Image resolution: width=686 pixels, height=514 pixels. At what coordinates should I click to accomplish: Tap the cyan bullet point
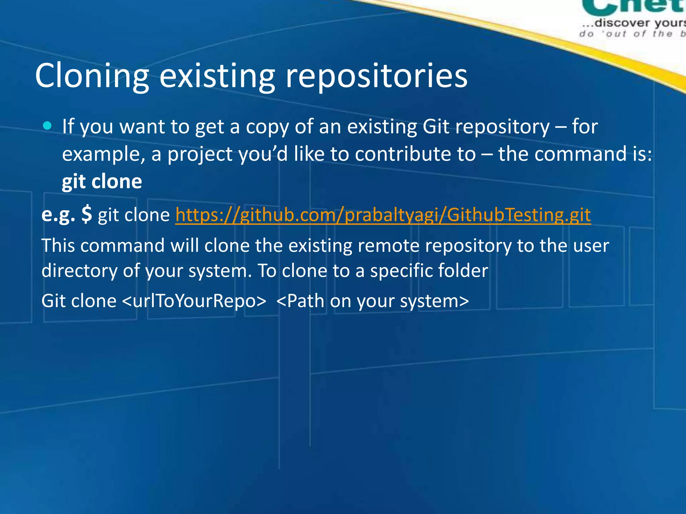coord(48,126)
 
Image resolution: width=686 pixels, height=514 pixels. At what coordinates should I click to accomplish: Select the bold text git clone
coord(102,182)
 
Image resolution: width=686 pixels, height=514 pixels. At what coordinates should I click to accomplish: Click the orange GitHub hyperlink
coord(383,215)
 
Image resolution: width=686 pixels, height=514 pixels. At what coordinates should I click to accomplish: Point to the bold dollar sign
coord(86,214)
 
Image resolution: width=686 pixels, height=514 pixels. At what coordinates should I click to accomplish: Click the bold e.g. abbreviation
coord(58,215)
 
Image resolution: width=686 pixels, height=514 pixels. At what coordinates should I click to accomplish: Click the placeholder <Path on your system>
coord(372,301)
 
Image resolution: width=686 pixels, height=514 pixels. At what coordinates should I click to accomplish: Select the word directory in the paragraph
coord(79,270)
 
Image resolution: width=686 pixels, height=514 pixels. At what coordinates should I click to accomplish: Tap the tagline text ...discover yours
coord(633,23)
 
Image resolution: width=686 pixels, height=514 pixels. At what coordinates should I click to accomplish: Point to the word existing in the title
coord(217,76)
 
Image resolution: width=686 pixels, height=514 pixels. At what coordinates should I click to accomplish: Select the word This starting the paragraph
coord(58,246)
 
